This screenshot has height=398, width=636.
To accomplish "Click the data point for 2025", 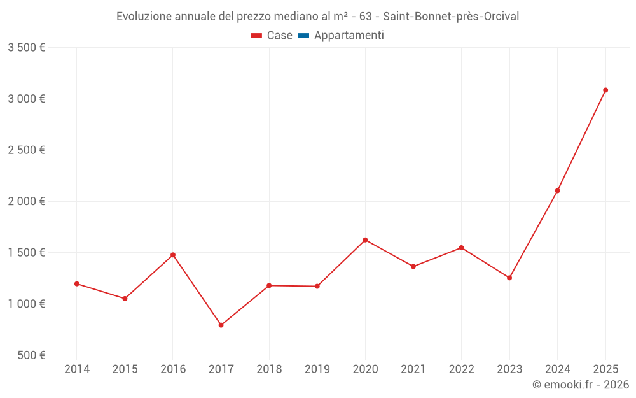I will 605,90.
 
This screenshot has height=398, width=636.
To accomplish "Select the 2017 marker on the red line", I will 221,325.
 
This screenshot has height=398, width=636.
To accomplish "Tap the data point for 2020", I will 365,240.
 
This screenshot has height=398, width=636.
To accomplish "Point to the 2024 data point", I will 557,190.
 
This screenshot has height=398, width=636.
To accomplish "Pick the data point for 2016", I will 173,255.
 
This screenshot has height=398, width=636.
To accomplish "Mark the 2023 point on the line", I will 509,278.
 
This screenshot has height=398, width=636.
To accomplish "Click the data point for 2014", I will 77,284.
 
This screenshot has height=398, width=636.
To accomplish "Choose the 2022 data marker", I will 461,248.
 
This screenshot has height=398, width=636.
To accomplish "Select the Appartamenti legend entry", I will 349,36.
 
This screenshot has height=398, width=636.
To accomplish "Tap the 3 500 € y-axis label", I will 26,48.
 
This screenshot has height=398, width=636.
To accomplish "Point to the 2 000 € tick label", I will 26,201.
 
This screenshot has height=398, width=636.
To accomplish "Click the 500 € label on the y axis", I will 30,355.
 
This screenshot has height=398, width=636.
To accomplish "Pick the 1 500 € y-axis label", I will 26,253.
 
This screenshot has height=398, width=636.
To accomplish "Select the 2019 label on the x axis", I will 317,369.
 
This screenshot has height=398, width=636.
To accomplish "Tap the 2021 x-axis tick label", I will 413,369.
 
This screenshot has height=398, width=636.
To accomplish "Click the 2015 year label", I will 125,369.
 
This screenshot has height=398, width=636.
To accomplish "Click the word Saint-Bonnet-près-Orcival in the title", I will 451,17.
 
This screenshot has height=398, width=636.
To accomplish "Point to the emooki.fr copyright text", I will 580,385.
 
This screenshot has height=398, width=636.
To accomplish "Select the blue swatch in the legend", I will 303,36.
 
